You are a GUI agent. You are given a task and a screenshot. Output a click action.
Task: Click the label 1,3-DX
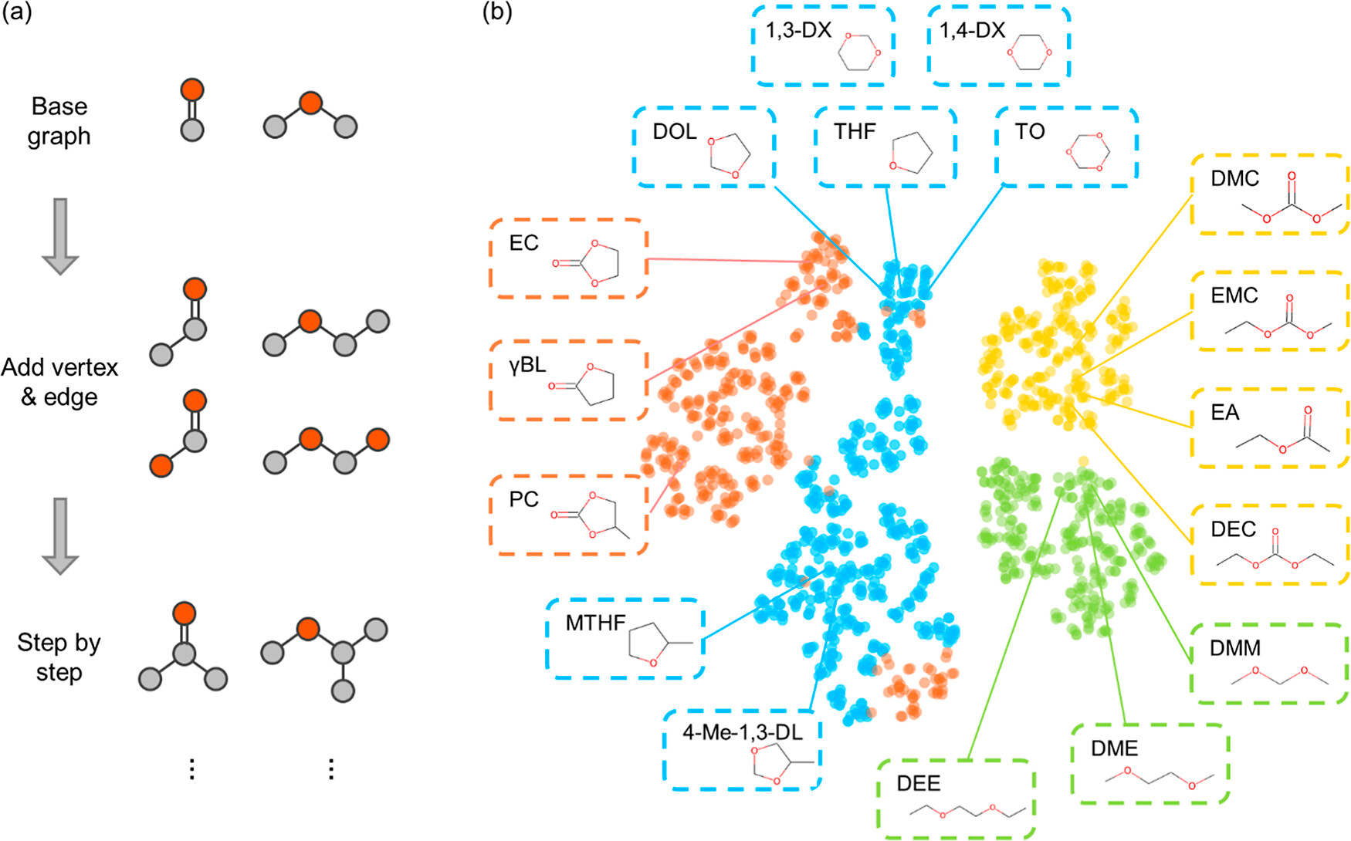coord(798,30)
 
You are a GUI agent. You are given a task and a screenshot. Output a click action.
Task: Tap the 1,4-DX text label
coord(972,30)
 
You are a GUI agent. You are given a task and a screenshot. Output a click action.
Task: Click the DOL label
coord(675,131)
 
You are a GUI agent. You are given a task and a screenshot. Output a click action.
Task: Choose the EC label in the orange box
coord(523,243)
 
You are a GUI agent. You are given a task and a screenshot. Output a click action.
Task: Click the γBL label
coord(527,364)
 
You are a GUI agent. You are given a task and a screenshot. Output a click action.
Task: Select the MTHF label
coord(595,623)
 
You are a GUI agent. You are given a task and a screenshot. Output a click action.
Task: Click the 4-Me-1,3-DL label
coord(742,732)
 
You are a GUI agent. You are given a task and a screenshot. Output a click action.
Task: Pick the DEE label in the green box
coord(918,784)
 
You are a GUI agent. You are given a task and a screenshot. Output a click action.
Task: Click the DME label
coord(1114,748)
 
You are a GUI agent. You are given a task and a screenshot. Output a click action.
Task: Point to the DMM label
coord(1235,648)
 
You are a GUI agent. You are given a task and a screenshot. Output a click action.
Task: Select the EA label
coord(1224,413)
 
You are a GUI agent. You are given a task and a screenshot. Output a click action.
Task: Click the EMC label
coord(1234,296)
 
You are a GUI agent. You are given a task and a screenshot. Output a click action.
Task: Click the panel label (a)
coord(16,13)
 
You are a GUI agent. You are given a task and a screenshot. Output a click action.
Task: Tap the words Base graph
coord(59,121)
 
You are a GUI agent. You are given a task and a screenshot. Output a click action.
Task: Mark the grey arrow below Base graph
coord(59,236)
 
